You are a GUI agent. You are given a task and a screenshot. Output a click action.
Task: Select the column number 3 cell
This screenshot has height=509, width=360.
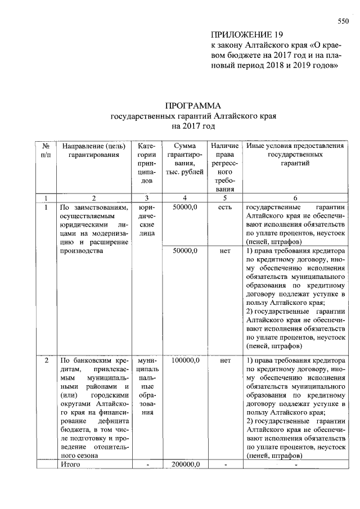coord(147,197)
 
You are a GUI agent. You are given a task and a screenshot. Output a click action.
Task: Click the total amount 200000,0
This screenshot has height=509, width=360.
coord(186,465)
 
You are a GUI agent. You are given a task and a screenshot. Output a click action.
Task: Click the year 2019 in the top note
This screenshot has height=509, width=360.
coord(298,66)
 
